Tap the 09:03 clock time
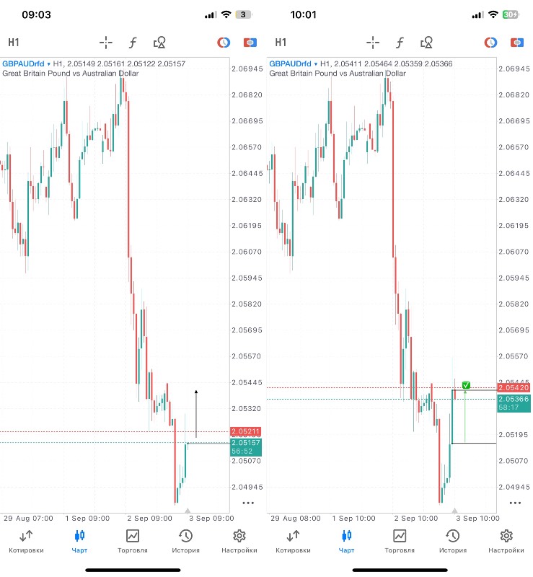click(36, 14)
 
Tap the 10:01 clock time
click(304, 14)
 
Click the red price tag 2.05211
click(245, 431)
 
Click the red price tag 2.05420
click(512, 388)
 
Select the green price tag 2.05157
click(245, 442)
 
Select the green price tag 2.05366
click(512, 399)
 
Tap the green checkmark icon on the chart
click(466, 385)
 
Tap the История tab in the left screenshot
click(185, 542)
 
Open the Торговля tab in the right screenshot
click(400, 542)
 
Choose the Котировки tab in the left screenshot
click(26, 542)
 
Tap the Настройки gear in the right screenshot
click(506, 542)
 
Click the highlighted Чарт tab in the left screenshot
click(79, 542)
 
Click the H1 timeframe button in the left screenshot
click(14, 42)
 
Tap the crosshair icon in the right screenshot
click(373, 42)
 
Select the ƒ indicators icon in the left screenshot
click(133, 42)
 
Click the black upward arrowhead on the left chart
click(196, 392)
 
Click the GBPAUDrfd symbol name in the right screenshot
click(291, 64)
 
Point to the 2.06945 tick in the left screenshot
click(246, 69)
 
